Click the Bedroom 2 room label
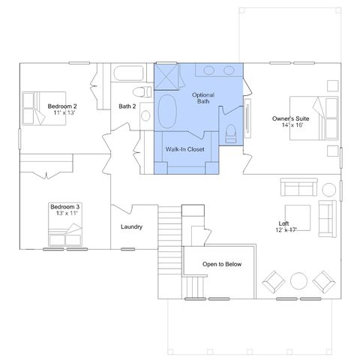coord(62,106)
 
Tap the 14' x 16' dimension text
coord(292,125)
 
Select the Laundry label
coord(131,226)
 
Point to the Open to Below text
coord(222,264)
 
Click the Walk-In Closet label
coord(184,149)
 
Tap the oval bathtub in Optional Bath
coord(167,111)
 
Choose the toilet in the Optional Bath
coord(231,134)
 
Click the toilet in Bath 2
coord(142,91)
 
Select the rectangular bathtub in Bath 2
coord(129,73)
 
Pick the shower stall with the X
coord(166,77)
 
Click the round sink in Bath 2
coord(145,115)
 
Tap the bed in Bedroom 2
coord(44,108)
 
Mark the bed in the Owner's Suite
coord(314,118)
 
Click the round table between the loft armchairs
coord(298,281)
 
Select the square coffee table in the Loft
coord(298,217)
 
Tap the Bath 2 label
coord(127,106)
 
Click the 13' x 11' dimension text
coord(67,213)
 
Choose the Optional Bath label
coord(203,98)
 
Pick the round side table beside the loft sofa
coord(328,190)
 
